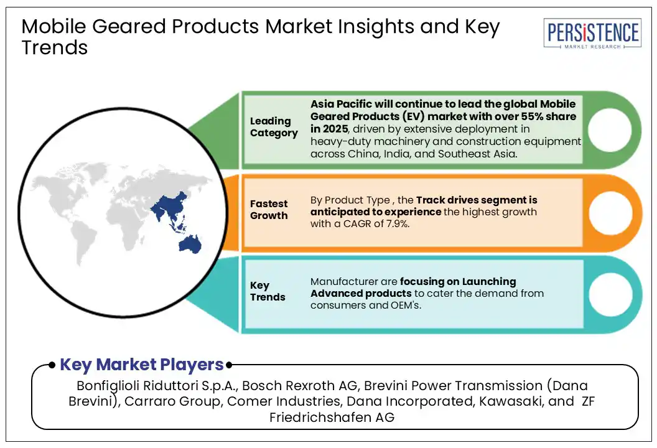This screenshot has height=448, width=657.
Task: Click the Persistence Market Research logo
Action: point(592,34)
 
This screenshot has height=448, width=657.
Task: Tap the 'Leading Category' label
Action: point(274,126)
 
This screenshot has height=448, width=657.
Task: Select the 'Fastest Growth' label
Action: point(269,210)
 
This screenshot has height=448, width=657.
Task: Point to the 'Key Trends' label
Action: point(268,291)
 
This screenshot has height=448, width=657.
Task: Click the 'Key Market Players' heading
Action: point(142,365)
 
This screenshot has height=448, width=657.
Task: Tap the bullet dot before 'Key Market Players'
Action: point(52,365)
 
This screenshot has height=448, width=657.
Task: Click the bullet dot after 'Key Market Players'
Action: point(229,365)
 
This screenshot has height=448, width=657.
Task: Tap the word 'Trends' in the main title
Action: point(55,47)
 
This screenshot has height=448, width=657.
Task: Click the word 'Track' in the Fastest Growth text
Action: point(431,200)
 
